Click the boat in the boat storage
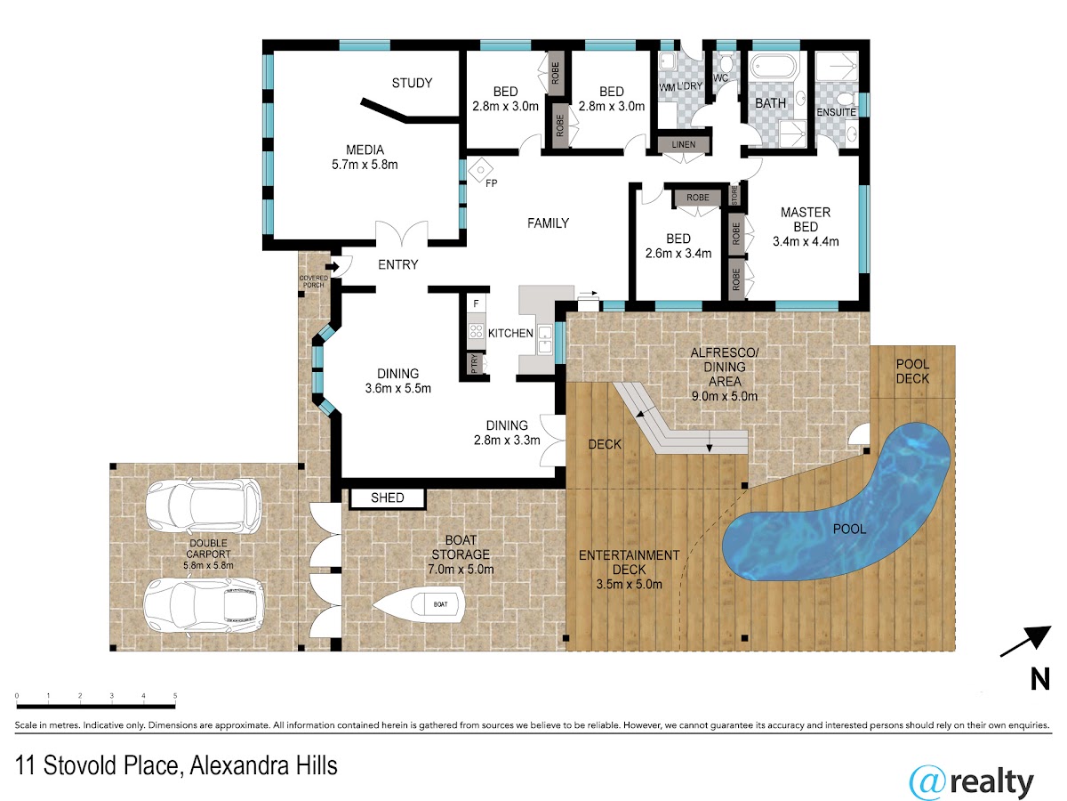click(419, 604)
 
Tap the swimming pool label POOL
click(849, 530)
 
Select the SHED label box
click(388, 498)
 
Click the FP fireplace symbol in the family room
click(481, 170)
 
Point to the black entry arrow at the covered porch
click(333, 266)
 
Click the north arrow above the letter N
click(1025, 642)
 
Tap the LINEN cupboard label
click(684, 144)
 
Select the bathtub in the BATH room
click(774, 65)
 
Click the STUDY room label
click(412, 83)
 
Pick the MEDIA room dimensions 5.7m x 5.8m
click(365, 165)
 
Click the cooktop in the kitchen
click(476, 331)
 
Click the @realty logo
click(971, 782)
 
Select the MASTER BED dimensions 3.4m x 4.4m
click(806, 242)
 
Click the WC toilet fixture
click(726, 63)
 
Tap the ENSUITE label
click(836, 112)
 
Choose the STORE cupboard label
click(734, 195)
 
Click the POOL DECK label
click(912, 371)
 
